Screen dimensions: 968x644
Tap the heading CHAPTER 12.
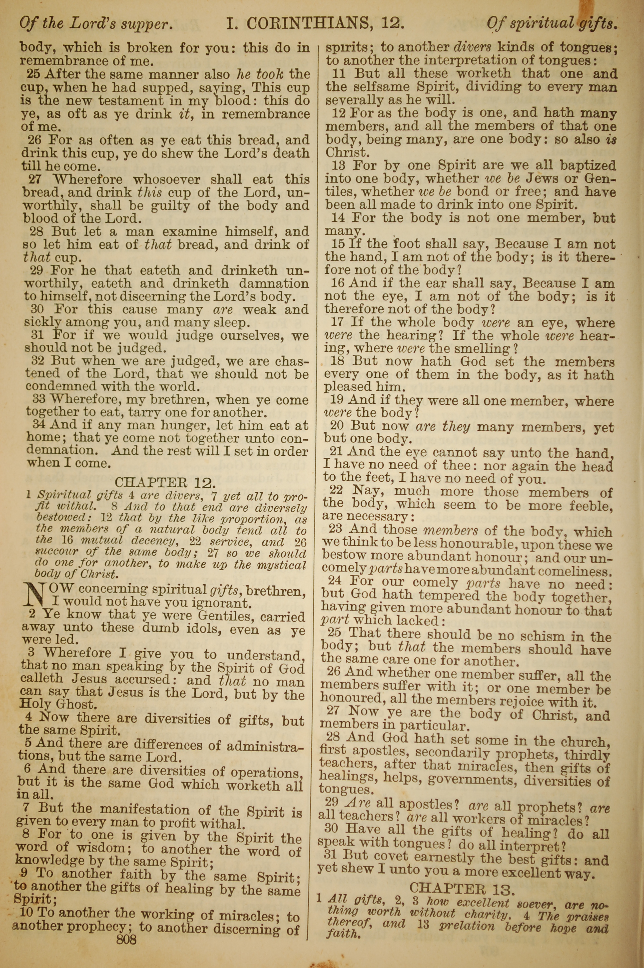(165, 482)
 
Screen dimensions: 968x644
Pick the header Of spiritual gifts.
(552, 23)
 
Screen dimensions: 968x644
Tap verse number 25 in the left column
(34, 75)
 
